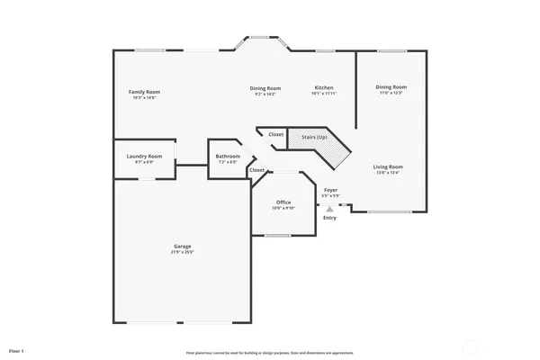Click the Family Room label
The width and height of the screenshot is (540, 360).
[144, 92]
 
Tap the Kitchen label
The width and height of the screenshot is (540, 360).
[323, 88]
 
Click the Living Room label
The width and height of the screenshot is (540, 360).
[389, 166]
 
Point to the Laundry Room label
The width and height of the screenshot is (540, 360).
[144, 156]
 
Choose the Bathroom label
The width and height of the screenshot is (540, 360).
[227, 157]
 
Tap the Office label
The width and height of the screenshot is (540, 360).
[283, 202]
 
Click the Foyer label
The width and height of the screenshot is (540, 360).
[330, 190]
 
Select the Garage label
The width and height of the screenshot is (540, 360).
[183, 246]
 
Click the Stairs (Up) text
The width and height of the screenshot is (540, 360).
[314, 137]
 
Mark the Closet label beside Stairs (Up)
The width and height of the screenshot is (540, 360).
[276, 135]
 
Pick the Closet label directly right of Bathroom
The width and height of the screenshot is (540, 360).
[257, 170]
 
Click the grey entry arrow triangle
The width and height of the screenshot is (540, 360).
[329, 208]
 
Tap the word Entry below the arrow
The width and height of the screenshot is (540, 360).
[329, 217]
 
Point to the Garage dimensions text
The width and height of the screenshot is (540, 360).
[183, 253]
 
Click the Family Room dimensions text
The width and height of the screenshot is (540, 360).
[144, 97]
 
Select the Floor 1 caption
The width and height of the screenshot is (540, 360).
[16, 349]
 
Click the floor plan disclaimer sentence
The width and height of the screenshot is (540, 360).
[270, 353]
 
